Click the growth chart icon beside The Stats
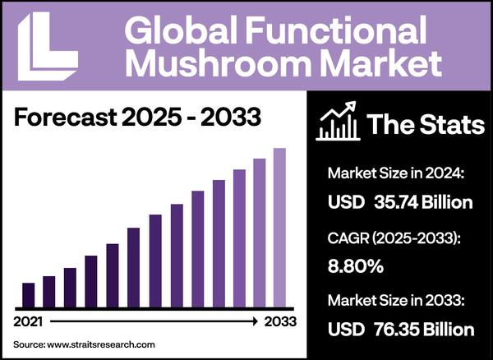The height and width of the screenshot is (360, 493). [x=336, y=122]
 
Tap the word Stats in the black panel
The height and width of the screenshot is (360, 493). [x=444, y=124]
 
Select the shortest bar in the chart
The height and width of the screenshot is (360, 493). [x=29, y=294]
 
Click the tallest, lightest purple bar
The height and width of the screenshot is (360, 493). [x=279, y=227]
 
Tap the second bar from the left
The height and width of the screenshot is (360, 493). [x=49, y=291]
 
